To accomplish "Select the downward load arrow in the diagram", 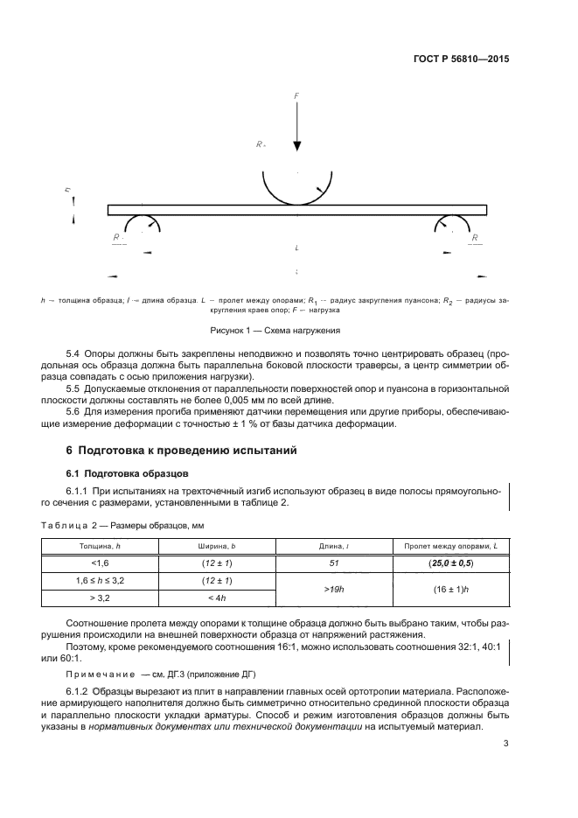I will coord(297,131).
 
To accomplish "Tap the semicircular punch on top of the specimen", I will coord(297,186).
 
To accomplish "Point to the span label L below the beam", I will coord(297,248).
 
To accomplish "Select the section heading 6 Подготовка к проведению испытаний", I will coord(182,451).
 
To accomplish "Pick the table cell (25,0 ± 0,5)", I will coord(451,563).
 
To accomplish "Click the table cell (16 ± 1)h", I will coord(451,590).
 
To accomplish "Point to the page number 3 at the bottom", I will coord(505,744).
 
